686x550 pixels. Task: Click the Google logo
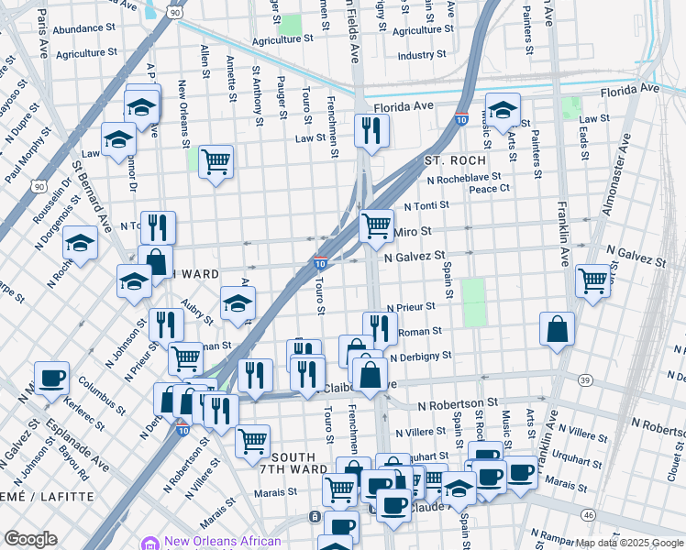30,539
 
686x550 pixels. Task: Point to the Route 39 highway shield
584,379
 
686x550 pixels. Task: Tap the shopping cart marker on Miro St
376,225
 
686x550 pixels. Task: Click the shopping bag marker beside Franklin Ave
557,329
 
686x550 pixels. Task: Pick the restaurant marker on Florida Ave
371,130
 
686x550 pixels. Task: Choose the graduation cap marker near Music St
502,110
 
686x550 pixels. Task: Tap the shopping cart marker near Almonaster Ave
593,280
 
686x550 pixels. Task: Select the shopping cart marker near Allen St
216,162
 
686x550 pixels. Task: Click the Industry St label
422,55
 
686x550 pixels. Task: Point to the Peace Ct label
489,189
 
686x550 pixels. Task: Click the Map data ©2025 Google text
629,543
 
